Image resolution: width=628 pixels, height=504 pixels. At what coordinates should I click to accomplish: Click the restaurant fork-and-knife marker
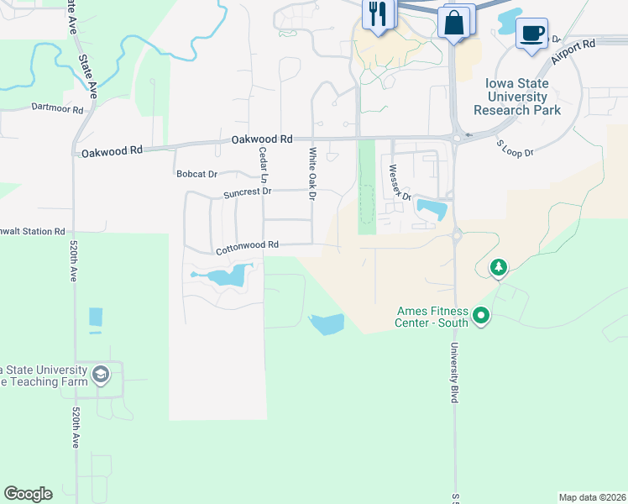[x=377, y=13]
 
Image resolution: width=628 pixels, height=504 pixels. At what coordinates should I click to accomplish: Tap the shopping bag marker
[x=454, y=21]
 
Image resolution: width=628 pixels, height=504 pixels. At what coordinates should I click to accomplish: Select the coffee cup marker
[x=531, y=34]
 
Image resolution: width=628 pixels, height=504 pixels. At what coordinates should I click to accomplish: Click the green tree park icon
[x=500, y=267]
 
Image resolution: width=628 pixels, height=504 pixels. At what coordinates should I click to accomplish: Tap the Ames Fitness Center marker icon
[x=481, y=317]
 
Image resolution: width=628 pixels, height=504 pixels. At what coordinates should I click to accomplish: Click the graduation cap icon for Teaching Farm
[x=101, y=374]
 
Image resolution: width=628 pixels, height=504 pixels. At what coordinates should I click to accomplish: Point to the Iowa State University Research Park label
[x=517, y=97]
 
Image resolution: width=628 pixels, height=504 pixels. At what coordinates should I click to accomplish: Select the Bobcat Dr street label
[x=196, y=175]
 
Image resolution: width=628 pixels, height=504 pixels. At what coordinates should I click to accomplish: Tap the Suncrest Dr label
[x=247, y=192]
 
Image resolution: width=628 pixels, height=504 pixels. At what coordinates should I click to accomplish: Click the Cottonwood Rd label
[x=246, y=247]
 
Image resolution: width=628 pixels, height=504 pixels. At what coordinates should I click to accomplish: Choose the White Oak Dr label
[x=312, y=174]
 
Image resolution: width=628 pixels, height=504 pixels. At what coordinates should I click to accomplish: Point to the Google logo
[x=28, y=494]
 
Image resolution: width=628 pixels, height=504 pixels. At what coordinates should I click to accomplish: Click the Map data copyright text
[x=591, y=497]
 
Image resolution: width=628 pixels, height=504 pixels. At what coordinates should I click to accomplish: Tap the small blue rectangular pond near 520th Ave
[x=95, y=318]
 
